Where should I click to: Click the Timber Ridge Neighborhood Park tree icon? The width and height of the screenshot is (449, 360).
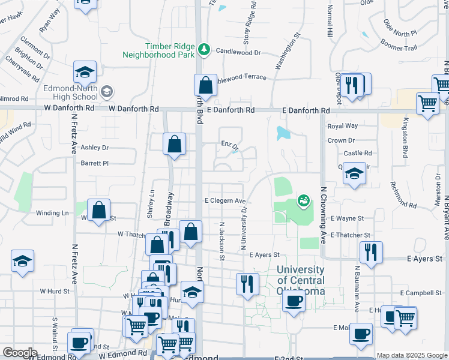click(204, 49)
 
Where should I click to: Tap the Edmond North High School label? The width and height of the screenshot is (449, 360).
click(70, 92)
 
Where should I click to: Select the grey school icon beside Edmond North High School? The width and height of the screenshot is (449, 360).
click(107, 92)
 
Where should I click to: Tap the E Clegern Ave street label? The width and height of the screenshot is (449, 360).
click(225, 201)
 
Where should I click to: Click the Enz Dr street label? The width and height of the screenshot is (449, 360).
click(229, 145)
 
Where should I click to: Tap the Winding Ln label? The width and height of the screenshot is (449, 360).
click(52, 213)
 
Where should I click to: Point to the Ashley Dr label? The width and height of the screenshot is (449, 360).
click(94, 147)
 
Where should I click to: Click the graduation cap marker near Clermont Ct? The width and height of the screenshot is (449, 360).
click(85, 72)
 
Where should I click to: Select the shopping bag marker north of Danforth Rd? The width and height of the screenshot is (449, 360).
click(206, 86)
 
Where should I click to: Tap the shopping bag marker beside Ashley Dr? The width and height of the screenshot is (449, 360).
click(174, 143)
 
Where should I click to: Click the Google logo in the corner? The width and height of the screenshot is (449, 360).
click(20, 353)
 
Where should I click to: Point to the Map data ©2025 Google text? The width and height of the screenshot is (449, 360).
click(411, 355)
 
